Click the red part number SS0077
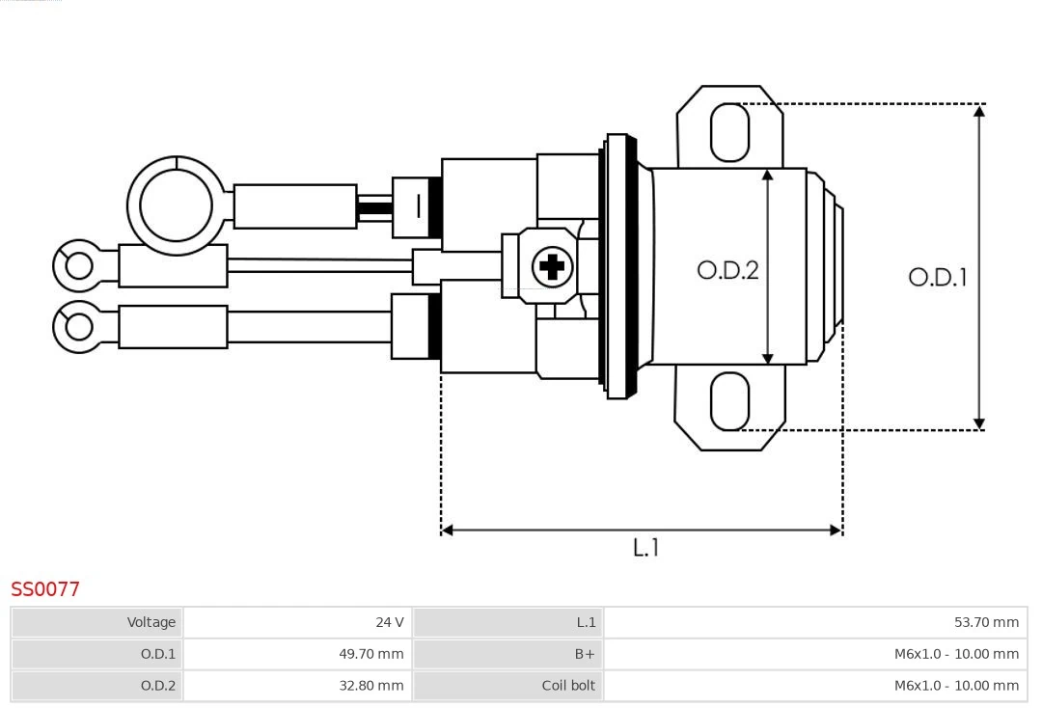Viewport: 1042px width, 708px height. (x=45, y=588)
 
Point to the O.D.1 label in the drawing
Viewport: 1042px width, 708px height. (x=937, y=278)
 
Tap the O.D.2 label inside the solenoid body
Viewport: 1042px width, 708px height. (x=727, y=270)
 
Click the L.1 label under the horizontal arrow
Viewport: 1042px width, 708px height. (x=645, y=547)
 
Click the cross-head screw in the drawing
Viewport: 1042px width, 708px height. (x=552, y=266)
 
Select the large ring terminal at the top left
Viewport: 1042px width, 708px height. (x=176, y=205)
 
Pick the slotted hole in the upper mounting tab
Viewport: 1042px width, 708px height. (x=729, y=132)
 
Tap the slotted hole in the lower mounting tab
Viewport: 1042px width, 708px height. (x=729, y=401)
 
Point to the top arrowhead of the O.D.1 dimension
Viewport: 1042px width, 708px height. (x=979, y=111)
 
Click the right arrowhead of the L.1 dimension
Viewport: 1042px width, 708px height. (x=836, y=530)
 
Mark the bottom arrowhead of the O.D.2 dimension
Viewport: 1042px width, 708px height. (x=768, y=359)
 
